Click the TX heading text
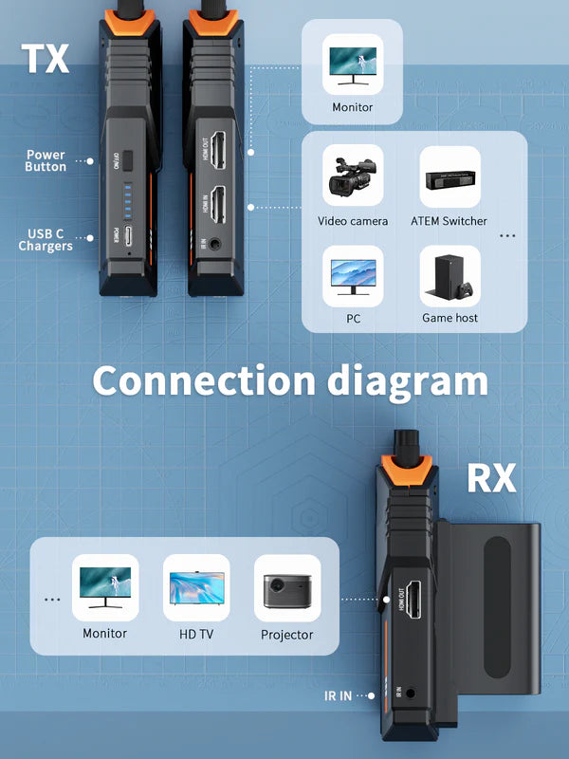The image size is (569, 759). pyautogui.click(x=46, y=58)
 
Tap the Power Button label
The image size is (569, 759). pyautogui.click(x=46, y=160)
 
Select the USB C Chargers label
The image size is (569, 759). pyautogui.click(x=46, y=240)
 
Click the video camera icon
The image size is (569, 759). pyautogui.click(x=352, y=176)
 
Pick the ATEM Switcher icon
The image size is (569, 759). pyautogui.click(x=450, y=176)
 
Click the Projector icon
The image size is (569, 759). pyautogui.click(x=286, y=588)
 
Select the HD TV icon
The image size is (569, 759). pyautogui.click(x=197, y=588)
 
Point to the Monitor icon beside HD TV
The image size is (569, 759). pyautogui.click(x=104, y=588)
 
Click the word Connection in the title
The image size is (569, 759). pyautogui.click(x=203, y=381)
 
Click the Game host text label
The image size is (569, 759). pyautogui.click(x=450, y=318)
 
